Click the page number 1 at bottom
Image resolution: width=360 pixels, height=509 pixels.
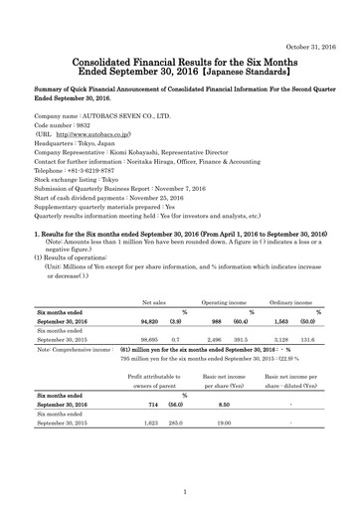coord(180,491)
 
